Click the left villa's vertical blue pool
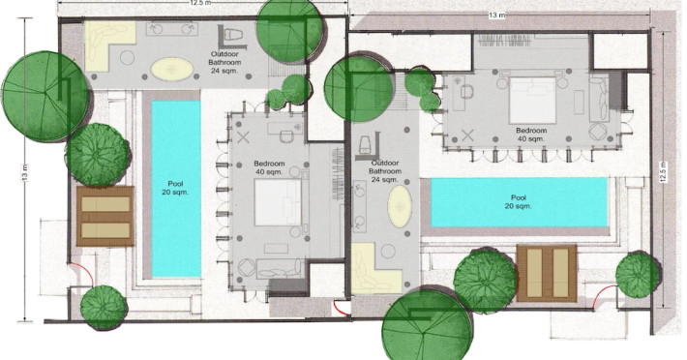tap(176, 189)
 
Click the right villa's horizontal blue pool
tap(520, 202)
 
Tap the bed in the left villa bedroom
tap(278, 202)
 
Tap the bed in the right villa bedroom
tap(532, 101)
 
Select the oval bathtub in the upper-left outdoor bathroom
tap(172, 70)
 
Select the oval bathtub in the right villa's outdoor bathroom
tap(400, 206)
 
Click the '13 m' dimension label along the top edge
tap(496, 15)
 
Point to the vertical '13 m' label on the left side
tap(25, 172)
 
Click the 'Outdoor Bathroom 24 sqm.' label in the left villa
tap(224, 62)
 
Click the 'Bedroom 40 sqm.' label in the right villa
tap(531, 135)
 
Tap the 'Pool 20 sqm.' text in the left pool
tap(175, 188)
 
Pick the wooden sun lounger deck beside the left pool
tap(105, 216)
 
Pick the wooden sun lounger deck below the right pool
tap(547, 273)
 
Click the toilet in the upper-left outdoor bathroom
tap(232, 34)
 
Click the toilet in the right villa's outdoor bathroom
tap(365, 143)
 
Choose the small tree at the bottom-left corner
tap(104, 307)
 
